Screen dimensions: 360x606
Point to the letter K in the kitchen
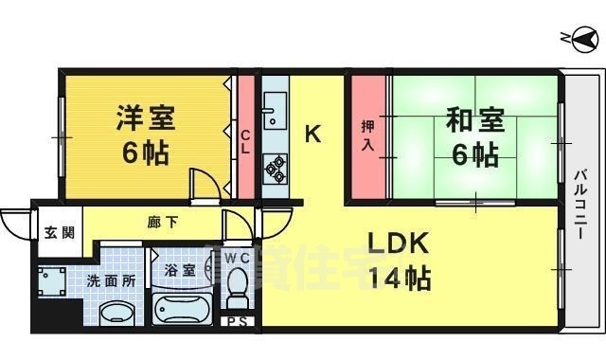pyautogui.click(x=312, y=135)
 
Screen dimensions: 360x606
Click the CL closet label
pyautogui.click(x=245, y=142)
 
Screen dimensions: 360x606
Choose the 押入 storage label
pyautogui.click(x=369, y=135)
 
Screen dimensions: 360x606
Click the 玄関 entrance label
pyautogui.click(x=50, y=234)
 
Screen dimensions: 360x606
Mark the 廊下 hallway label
pyautogui.click(x=160, y=224)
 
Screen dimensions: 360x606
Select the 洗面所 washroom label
pyautogui.click(x=112, y=281)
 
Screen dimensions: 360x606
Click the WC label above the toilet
pyautogui.click(x=237, y=257)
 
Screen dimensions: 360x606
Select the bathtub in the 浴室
pyautogui.click(x=185, y=308)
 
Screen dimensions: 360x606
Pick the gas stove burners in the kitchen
pyautogui.click(x=276, y=168)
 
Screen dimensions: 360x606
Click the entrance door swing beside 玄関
pyautogui.click(x=15, y=224)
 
